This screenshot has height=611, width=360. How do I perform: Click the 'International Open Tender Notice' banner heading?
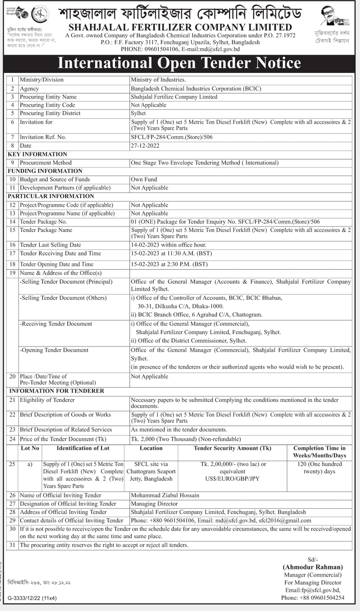[179, 63]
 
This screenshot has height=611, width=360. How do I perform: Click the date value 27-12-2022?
[145, 146]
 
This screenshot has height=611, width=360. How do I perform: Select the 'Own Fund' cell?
[144, 180]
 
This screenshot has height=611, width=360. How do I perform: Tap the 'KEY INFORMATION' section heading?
[37, 154]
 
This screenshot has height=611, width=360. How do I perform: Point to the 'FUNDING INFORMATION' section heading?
[45, 171]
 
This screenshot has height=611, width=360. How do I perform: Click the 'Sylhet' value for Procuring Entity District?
[138, 114]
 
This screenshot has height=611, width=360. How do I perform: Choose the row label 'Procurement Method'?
[46, 163]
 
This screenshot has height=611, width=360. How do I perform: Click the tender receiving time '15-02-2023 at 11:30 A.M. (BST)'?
[171, 254]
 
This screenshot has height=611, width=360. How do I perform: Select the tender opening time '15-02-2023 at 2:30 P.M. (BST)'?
[169, 265]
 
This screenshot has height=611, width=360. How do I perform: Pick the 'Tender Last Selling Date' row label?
[50, 245]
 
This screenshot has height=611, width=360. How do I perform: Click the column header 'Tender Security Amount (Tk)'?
[232, 449]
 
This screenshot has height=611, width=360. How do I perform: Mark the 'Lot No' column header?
[30, 449]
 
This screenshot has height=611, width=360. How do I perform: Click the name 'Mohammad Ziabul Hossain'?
[165, 495]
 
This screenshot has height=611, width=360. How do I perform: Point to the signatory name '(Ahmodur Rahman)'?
[313, 567]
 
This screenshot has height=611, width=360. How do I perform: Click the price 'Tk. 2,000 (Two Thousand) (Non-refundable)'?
[186, 439]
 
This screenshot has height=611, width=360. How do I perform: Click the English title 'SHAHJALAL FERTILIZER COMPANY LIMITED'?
[180, 27]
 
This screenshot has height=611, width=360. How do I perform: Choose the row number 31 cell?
[13, 545]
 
